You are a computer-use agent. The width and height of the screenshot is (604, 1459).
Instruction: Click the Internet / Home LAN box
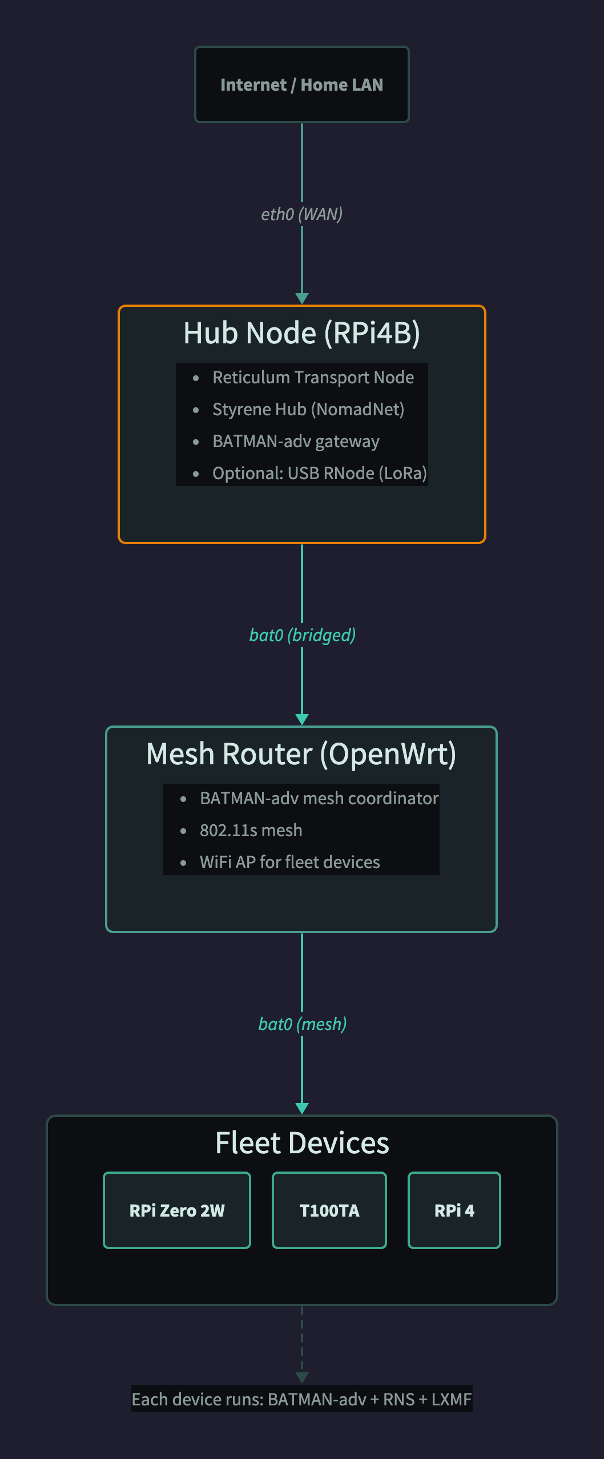pyautogui.click(x=301, y=84)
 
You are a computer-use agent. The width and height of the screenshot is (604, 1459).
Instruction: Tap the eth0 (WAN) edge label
pyautogui.click(x=301, y=214)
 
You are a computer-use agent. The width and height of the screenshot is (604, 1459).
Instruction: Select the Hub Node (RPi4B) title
pyautogui.click(x=301, y=333)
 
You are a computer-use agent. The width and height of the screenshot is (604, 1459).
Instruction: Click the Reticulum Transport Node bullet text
pyautogui.click(x=313, y=378)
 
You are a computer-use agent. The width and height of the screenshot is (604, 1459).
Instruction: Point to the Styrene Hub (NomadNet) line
pyautogui.click(x=308, y=410)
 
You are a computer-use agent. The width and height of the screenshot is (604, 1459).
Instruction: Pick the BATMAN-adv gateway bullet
pyautogui.click(x=296, y=441)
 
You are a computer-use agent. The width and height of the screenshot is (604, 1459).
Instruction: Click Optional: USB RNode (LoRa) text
pyautogui.click(x=319, y=473)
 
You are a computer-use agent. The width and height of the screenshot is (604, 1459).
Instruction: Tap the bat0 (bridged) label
pyautogui.click(x=302, y=635)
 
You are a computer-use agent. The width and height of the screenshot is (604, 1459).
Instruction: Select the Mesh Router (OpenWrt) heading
pyautogui.click(x=301, y=754)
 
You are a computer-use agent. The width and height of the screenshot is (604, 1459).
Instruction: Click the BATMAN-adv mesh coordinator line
pyautogui.click(x=319, y=799)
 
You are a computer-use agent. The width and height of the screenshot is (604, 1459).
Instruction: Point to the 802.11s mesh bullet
pyautogui.click(x=251, y=830)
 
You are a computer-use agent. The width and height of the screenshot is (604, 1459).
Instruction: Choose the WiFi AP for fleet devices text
pyautogui.click(x=289, y=862)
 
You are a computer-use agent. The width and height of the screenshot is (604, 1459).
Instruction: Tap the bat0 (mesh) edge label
pyautogui.click(x=302, y=1024)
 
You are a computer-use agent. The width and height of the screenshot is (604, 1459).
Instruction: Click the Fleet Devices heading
pyautogui.click(x=302, y=1143)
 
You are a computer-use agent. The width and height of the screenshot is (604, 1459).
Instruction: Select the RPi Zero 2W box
pyautogui.click(x=177, y=1210)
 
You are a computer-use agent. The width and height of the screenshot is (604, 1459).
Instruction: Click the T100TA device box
pyautogui.click(x=329, y=1210)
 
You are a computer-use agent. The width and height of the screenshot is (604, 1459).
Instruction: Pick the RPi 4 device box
pyautogui.click(x=454, y=1210)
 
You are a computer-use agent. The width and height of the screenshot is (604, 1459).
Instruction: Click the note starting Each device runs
pyautogui.click(x=301, y=1399)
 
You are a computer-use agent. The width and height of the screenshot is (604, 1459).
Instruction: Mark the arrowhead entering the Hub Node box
pyautogui.click(x=302, y=298)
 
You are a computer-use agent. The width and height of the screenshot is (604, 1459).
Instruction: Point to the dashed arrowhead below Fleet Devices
pyautogui.click(x=302, y=1377)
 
